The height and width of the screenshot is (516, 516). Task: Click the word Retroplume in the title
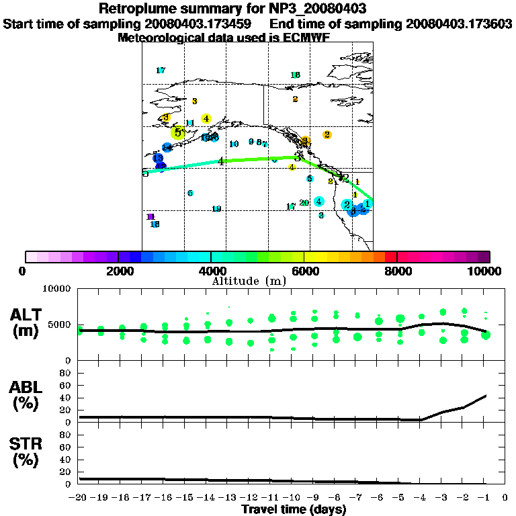coord(137,9)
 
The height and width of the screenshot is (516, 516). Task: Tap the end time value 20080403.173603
coord(459,24)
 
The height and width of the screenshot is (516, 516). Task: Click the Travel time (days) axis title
coord(294,509)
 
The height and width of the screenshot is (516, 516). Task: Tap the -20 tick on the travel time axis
coord(79,498)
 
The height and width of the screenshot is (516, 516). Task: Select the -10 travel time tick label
coord(292,498)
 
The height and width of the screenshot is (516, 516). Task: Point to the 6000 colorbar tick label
coord(304,271)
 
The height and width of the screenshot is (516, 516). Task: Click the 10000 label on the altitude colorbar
coord(486,271)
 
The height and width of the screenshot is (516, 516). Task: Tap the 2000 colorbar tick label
coord(118,271)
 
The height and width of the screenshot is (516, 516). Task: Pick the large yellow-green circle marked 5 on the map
coord(177,132)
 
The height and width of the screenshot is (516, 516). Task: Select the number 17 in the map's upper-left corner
coord(160,71)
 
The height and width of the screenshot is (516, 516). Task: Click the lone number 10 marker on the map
coord(234,144)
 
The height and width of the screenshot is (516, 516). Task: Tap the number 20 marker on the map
coord(304,203)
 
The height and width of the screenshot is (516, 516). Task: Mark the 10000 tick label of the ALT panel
coord(59,289)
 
